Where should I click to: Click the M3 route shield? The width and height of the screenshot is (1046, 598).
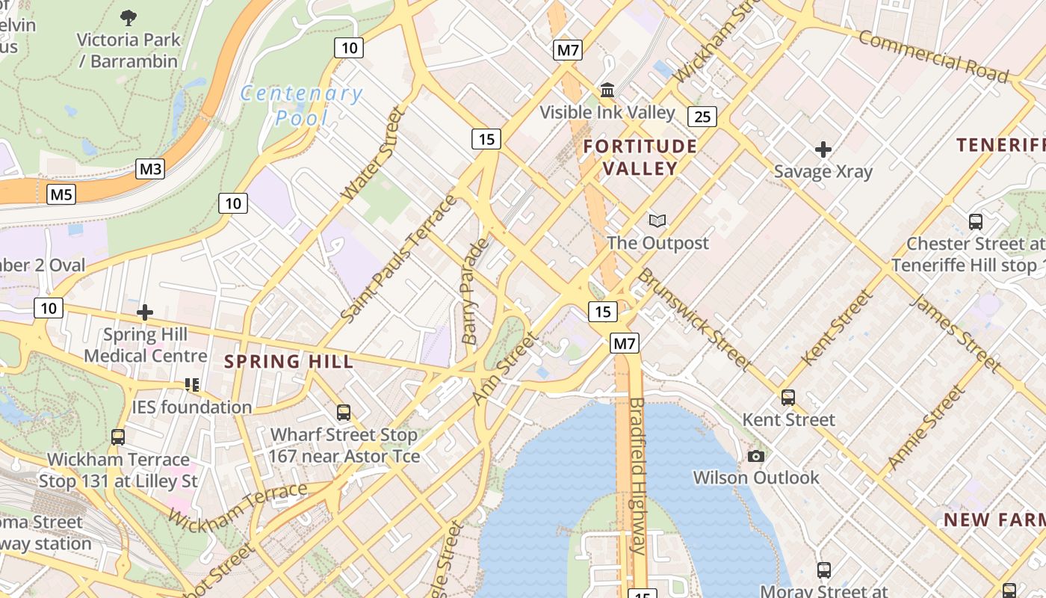click(150, 169)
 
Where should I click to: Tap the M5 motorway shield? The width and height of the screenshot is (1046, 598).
click(61, 195)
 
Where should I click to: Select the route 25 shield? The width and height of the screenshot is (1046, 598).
click(702, 116)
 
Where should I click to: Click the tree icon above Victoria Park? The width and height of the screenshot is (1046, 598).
click(129, 18)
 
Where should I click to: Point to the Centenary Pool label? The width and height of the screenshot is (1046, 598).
click(302, 105)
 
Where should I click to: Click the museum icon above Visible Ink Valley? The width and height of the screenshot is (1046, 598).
click(607, 90)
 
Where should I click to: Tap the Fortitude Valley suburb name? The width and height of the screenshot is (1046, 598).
click(640, 157)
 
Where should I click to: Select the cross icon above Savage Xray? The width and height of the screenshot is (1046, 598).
click(823, 149)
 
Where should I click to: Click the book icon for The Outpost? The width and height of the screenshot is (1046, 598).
click(657, 221)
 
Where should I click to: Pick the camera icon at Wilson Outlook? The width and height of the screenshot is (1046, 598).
click(756, 456)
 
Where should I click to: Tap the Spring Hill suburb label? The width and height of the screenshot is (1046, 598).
click(288, 362)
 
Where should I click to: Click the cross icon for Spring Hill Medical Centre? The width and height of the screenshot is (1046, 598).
click(145, 312)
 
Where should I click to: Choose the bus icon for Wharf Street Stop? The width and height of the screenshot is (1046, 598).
click(344, 412)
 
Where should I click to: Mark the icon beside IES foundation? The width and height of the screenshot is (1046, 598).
click(192, 385)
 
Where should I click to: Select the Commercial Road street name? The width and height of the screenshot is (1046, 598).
click(933, 56)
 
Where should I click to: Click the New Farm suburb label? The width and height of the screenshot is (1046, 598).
click(994, 520)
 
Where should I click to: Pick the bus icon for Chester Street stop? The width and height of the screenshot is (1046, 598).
click(975, 221)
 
